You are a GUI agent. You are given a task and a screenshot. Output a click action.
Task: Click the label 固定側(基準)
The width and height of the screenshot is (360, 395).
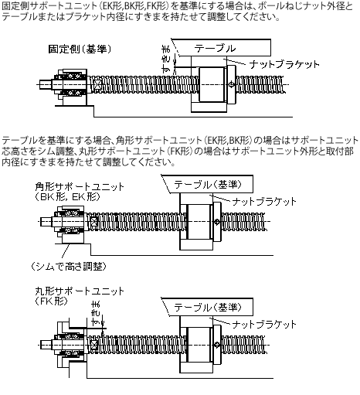77,49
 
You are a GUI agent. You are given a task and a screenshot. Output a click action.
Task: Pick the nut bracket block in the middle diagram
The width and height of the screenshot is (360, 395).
199,221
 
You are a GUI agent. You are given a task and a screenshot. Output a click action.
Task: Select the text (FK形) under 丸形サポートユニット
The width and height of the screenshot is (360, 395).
52,301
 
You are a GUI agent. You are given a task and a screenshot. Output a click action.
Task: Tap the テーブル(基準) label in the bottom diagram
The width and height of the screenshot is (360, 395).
207,307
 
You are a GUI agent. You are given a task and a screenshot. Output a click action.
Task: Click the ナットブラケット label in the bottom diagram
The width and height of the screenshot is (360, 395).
265,322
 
